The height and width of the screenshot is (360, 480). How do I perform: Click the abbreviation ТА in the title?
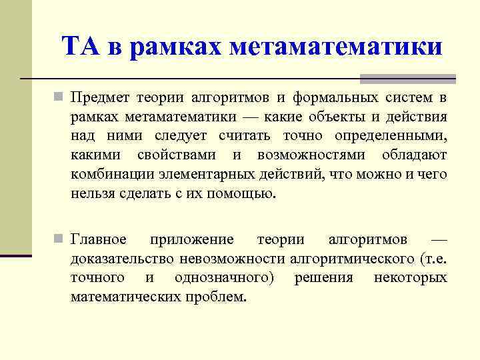[x=81, y=47]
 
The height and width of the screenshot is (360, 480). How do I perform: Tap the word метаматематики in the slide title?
[x=335, y=47]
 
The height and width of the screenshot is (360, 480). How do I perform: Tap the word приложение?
[x=192, y=239]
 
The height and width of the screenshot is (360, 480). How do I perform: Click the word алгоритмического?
[x=351, y=258]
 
